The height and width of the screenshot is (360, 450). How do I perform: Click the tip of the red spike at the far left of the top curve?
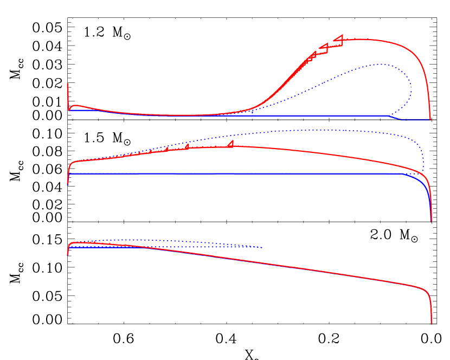tap(67, 84)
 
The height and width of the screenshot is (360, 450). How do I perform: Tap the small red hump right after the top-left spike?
tap(75, 105)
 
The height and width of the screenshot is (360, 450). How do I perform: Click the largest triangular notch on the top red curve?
tap(339, 38)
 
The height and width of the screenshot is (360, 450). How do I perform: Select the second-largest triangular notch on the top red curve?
tap(324, 47)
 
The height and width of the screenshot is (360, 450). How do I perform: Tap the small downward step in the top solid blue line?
tap(394, 117)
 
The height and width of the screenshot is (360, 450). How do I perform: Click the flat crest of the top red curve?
tap(369, 40)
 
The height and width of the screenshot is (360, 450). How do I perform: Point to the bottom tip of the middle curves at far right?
tap(432, 221)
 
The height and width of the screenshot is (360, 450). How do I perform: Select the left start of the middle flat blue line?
tap(69, 173)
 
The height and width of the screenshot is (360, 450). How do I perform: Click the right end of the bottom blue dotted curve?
tap(262, 247)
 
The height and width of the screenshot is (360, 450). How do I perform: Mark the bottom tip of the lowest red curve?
tap(432, 324)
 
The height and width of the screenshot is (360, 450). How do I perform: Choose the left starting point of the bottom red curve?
tap(67, 254)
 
